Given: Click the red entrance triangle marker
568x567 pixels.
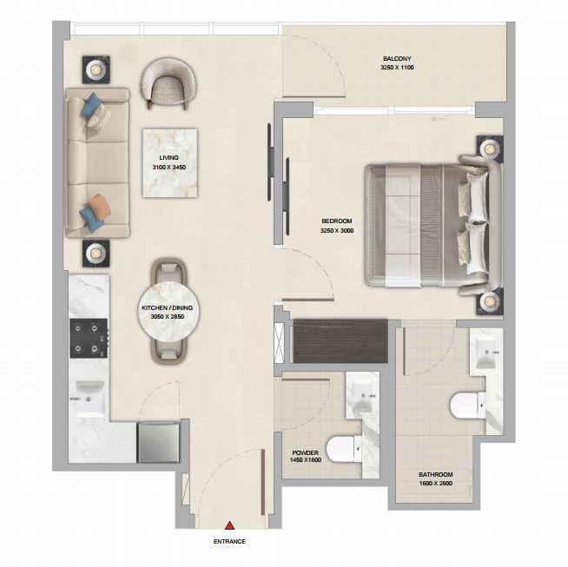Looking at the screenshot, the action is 229,525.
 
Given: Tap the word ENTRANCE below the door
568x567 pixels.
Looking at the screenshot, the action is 229,542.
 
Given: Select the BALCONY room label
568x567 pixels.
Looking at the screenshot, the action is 397,59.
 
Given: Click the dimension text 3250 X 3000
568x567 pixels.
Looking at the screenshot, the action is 337,231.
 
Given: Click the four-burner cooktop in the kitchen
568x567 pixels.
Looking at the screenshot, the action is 89,338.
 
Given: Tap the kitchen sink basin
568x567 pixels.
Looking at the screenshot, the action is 89,399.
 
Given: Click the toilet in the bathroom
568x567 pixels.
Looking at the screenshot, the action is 467,405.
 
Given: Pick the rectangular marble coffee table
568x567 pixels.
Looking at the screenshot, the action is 170,163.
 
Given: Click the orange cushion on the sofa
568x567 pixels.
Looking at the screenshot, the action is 99,204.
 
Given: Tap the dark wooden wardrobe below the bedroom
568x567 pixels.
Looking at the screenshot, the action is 340,341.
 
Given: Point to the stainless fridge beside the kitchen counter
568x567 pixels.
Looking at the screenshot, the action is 158,443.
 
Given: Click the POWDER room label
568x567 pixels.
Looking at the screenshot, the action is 306,452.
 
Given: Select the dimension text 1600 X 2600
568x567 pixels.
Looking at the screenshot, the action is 436,484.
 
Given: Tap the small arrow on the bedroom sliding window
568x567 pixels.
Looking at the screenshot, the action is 439,118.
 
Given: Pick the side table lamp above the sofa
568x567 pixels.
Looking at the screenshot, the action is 96,69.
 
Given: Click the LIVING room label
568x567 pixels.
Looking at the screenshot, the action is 168,158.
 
